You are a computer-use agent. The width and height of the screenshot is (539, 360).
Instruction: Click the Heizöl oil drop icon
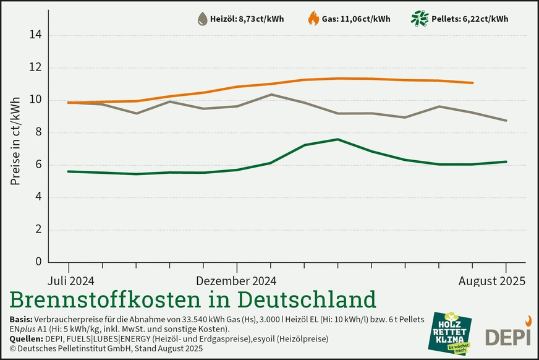pyautogui.click(x=202, y=19)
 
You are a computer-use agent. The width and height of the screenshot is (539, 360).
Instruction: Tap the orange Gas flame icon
pyautogui.click(x=313, y=19)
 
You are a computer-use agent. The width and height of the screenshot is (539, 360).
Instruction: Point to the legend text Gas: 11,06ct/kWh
pyautogui.click(x=356, y=19)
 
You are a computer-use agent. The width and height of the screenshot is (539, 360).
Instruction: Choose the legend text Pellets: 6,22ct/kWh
pyautogui.click(x=470, y=19)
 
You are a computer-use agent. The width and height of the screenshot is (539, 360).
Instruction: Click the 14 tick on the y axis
pyautogui.click(x=36, y=35)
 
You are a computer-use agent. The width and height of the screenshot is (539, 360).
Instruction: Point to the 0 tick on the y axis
pyautogui.click(x=39, y=262)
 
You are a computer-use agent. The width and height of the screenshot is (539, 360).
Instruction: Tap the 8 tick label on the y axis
pyautogui.click(x=39, y=132)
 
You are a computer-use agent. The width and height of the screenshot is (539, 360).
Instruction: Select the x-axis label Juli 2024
pyautogui.click(x=69, y=281)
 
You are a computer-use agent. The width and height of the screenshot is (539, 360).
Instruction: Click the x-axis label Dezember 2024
pyautogui.click(x=236, y=281)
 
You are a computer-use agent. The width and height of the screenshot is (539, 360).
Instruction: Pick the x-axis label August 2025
pyautogui.click(x=492, y=281)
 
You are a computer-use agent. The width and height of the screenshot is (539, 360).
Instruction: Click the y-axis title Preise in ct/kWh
pyautogui.click(x=16, y=141)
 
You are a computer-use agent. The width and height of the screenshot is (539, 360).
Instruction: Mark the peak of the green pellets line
pyautogui.click(x=337, y=139)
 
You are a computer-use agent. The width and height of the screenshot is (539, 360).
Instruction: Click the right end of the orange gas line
pyautogui.click(x=473, y=83)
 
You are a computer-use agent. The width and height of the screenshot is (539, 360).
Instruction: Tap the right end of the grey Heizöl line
pyautogui.click(x=506, y=121)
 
